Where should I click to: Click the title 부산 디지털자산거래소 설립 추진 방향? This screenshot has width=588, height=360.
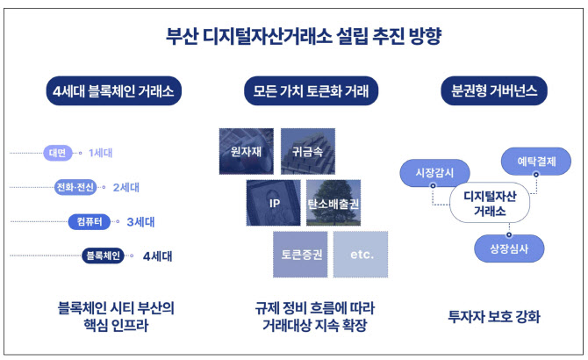coord(304,36)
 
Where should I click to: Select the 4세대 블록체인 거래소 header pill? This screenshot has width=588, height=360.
coord(113,90)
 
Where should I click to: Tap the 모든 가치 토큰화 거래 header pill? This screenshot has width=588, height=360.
coord(311,90)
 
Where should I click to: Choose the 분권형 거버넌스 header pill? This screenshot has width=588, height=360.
coord(494,90)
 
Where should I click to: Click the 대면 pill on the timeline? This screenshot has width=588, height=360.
coord(57,153)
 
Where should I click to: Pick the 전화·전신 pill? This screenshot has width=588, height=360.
coord(75,187)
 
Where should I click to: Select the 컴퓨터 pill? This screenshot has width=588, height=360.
coord(90,221)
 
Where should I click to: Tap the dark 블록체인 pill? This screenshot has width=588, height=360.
coord(104,256)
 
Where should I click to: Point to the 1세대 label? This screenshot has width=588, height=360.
coord(101,153)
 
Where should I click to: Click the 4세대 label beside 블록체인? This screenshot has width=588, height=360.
coord(157,256)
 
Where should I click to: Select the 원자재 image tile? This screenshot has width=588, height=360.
coord(247,151)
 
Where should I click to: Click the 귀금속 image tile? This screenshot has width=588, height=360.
coord(308,151)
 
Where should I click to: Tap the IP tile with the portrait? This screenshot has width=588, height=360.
coord(273,203)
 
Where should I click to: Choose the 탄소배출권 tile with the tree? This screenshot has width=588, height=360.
coord(333,203)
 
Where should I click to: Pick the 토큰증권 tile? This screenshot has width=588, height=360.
coord(300,255)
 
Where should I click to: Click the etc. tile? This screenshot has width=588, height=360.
coord(361,255)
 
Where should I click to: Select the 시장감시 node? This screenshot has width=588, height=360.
coord(434,173)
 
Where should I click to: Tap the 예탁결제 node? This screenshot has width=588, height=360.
coord(536,162)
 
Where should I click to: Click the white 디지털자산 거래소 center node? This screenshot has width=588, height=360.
coord(490,203)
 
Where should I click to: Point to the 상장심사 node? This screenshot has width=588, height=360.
coord(509,248)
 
